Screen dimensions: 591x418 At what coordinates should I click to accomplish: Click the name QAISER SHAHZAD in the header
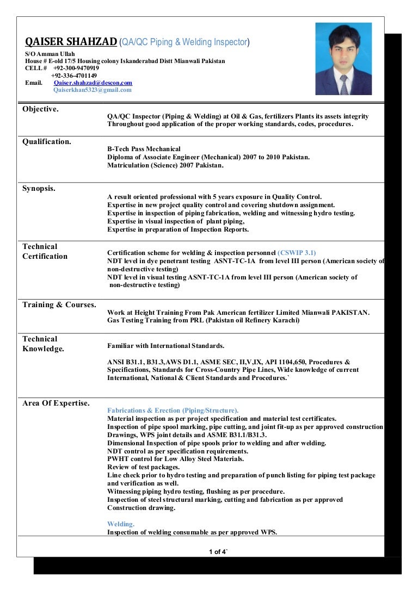[x=71, y=42]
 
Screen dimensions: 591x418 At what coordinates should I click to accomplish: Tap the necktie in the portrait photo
[x=343, y=84]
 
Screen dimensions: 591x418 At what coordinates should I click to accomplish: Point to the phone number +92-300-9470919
[x=76, y=68]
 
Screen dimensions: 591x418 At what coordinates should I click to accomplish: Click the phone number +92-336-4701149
[x=74, y=76]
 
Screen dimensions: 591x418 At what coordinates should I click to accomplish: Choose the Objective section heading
[x=40, y=109]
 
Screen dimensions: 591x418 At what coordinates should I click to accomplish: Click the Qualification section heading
[x=47, y=142]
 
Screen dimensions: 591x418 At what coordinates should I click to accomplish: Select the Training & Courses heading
[x=59, y=305]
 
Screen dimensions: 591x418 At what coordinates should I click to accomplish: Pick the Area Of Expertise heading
[x=56, y=403]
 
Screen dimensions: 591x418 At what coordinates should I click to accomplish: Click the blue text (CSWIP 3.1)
[x=297, y=253]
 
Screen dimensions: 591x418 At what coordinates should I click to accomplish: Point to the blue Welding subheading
[x=121, y=524]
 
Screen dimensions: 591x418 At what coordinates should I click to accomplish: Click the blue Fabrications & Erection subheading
[x=173, y=410]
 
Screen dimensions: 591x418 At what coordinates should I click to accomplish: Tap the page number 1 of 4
[x=218, y=552]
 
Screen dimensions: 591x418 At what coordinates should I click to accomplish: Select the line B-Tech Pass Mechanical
[x=144, y=149]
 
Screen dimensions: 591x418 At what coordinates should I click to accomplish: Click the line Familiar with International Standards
[x=165, y=346]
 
